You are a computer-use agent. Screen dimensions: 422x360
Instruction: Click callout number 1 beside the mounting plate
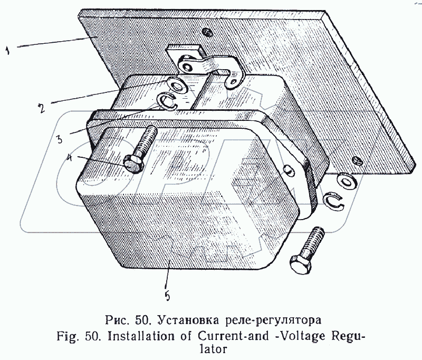(x=7, y=50)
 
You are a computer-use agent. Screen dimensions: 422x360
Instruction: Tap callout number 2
(x=41, y=108)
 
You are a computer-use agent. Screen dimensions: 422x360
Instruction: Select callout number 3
(x=59, y=139)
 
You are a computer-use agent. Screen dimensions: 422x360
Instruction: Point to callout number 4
(x=70, y=158)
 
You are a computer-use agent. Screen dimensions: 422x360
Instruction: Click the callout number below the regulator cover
(x=167, y=296)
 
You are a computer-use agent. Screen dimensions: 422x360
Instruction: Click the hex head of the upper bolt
(x=133, y=164)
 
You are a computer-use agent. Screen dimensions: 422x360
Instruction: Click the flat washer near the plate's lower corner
(x=347, y=181)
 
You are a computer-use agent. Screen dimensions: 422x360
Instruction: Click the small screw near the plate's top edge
(x=208, y=32)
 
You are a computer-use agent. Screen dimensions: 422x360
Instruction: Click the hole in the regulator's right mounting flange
(x=287, y=170)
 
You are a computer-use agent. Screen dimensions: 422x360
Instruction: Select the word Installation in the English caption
(x=147, y=336)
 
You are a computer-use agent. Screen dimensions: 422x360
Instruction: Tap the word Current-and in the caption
(x=233, y=336)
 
